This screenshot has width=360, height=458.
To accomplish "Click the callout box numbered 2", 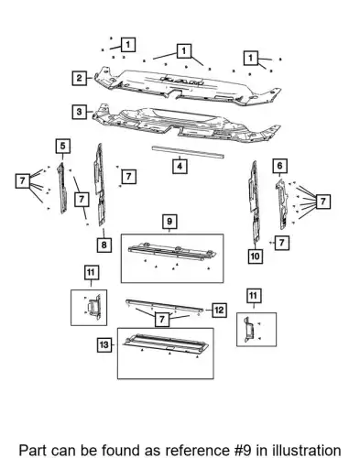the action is [80, 78].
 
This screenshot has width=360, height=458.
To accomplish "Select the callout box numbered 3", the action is [80, 112].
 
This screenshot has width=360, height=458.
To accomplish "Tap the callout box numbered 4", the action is [180, 167].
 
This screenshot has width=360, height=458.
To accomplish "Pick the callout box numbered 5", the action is [63, 146].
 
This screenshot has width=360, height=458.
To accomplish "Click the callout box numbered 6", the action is [280, 166].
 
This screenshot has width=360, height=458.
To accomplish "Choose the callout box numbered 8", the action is [104, 245].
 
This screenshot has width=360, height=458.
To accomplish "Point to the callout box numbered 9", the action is [169, 222].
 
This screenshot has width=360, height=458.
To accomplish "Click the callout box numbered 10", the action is [255, 256].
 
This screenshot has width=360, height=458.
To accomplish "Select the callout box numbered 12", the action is [219, 311].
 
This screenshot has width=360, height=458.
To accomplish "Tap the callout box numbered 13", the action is [104, 345].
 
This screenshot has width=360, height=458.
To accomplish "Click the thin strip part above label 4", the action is [188, 152].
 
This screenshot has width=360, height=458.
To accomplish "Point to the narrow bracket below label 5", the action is [62, 188].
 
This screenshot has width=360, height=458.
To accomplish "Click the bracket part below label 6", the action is [282, 204].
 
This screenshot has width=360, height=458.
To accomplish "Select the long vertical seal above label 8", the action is [100, 185].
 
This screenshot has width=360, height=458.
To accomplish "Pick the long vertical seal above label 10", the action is [254, 202].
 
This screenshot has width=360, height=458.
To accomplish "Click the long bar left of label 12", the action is [165, 306].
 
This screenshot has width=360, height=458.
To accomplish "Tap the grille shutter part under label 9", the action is [172, 251].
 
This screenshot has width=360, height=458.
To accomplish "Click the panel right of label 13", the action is [166, 344].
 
